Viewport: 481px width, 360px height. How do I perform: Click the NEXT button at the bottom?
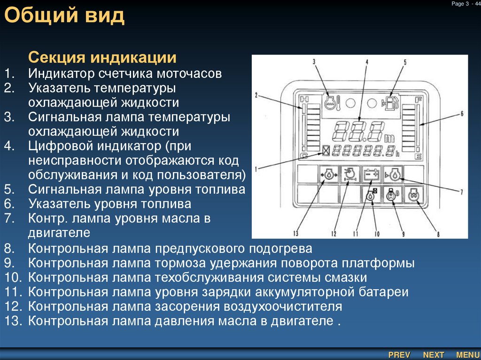pos(434,355)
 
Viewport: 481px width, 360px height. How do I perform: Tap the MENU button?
pos(467,355)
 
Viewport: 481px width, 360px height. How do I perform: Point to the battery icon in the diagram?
pos(371,174)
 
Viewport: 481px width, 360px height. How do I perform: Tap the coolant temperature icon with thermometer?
pos(330,102)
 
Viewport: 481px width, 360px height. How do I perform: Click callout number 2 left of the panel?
pos(257,95)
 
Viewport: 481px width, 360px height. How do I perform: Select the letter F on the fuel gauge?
pos(418,99)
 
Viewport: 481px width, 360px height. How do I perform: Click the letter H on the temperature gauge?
pos(304,99)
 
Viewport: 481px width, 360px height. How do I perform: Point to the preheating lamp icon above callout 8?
pos(413,195)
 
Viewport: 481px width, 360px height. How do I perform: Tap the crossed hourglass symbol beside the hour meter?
pos(326,151)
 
